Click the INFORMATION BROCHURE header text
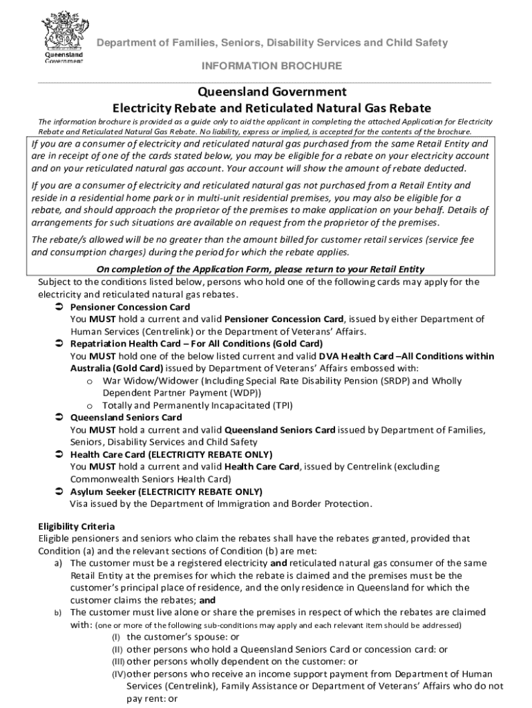[272, 66]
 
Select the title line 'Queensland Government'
[272, 92]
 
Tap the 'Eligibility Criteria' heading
[76, 526]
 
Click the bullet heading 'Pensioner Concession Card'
[130, 307]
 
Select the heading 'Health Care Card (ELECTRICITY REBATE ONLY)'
[171, 454]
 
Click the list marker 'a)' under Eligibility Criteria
[59, 563]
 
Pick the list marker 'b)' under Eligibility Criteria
[59, 613]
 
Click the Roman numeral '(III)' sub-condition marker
[119, 662]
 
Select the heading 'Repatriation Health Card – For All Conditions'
[196, 344]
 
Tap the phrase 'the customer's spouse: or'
[184, 637]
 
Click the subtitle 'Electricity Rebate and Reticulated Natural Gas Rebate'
[272, 109]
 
